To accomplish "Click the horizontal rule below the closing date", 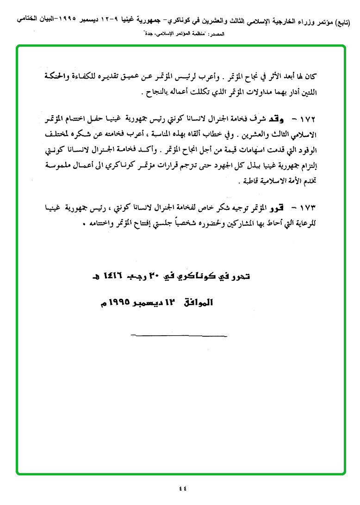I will tap(179, 335).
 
